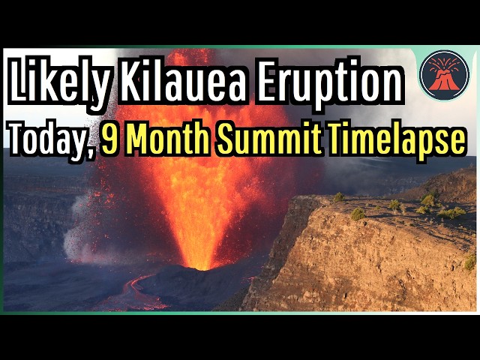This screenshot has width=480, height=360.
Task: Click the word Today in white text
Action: pos(49,141)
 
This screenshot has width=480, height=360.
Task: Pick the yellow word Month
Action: pos(164,139)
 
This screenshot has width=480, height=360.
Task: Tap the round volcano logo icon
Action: pos(444,74)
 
